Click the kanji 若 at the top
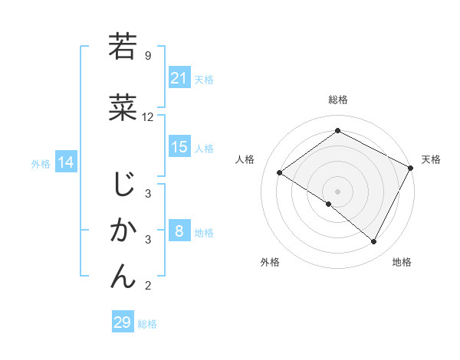pyautogui.click(x=123, y=47)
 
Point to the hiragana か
pyautogui.click(x=123, y=231)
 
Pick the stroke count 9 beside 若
pyautogui.click(x=148, y=56)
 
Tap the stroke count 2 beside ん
pyautogui.click(x=148, y=286)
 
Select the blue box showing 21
pyautogui.click(x=179, y=78)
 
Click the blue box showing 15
pyautogui.click(x=179, y=147)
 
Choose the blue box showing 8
pyautogui.click(x=179, y=231)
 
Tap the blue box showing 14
pyautogui.click(x=66, y=162)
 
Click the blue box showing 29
pyautogui.click(x=123, y=322)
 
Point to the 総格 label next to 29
pyautogui.click(x=148, y=324)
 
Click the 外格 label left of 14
pyautogui.click(x=41, y=163)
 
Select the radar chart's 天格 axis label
pyautogui.click(x=431, y=159)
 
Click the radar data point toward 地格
pyautogui.click(x=374, y=242)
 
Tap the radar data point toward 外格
pyautogui.click(x=329, y=205)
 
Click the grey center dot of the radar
pyautogui.click(x=337, y=191)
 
